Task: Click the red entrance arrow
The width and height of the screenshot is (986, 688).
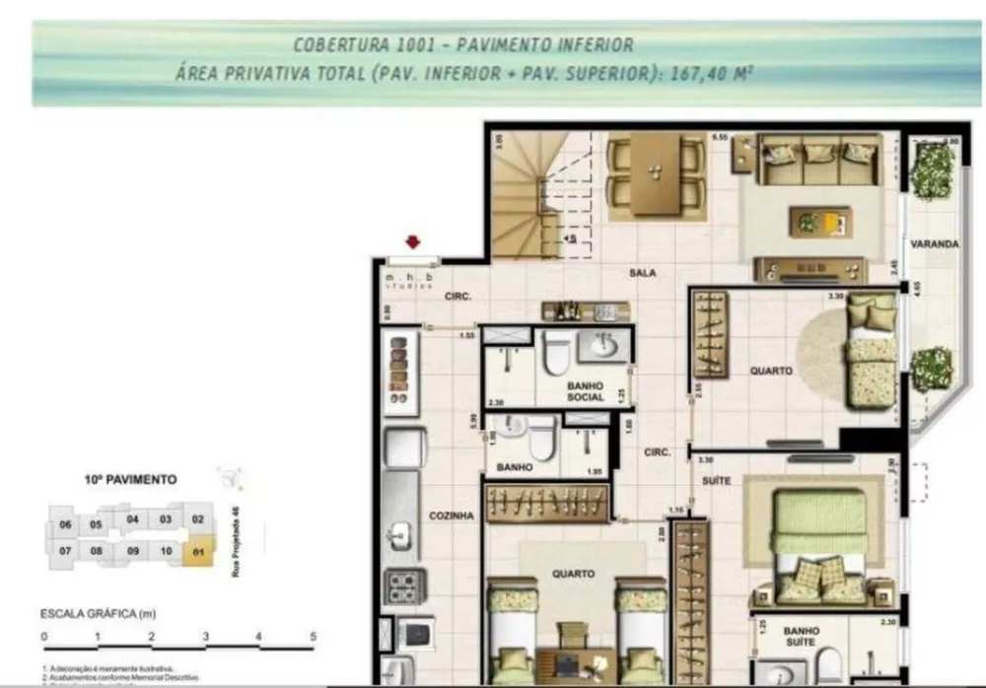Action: point(413,242)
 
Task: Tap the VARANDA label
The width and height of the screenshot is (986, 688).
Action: point(935,243)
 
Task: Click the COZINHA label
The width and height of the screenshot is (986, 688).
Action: point(453,516)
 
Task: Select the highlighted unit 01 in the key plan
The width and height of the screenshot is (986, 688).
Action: point(198,551)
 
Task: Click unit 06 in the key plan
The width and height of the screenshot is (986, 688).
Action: point(65,524)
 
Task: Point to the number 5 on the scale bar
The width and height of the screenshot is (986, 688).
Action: point(313,636)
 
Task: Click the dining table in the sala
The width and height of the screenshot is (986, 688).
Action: point(652,173)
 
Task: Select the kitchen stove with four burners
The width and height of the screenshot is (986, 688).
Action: point(404,586)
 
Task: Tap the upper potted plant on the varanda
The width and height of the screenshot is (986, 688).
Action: point(931,171)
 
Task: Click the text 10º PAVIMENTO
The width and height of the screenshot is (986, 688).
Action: point(131,480)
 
